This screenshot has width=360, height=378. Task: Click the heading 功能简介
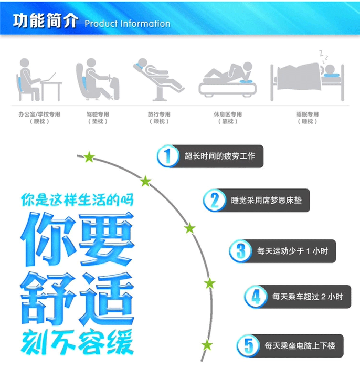coord(45,21)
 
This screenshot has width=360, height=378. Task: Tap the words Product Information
coord(128,24)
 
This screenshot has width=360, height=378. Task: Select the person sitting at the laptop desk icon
coord(39,80)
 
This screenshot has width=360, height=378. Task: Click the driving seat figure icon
coord(98,79)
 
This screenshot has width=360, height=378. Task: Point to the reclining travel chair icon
coord(159,79)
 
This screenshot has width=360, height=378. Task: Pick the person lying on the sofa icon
coord(227,79)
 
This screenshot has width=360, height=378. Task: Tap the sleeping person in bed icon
coord(307,76)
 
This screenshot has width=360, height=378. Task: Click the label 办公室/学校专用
coord(39,114)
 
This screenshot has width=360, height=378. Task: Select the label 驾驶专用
coord(98,114)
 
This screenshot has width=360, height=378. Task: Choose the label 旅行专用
coord(159,114)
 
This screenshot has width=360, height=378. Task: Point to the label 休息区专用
coord(228,114)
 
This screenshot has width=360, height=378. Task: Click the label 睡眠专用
coord(307,114)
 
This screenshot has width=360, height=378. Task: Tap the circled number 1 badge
coord(168,156)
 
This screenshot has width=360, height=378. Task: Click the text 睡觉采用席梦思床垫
coord(266,201)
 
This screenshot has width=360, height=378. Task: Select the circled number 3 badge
coord(240,251)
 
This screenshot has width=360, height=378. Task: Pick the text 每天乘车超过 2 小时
coord(308,297)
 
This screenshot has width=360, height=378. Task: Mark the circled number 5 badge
coord(248,345)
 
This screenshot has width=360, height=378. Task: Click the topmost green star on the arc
coord(89,157)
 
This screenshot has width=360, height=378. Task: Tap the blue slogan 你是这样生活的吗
coord(77,200)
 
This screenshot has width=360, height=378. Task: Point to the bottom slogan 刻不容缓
coord(77,342)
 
